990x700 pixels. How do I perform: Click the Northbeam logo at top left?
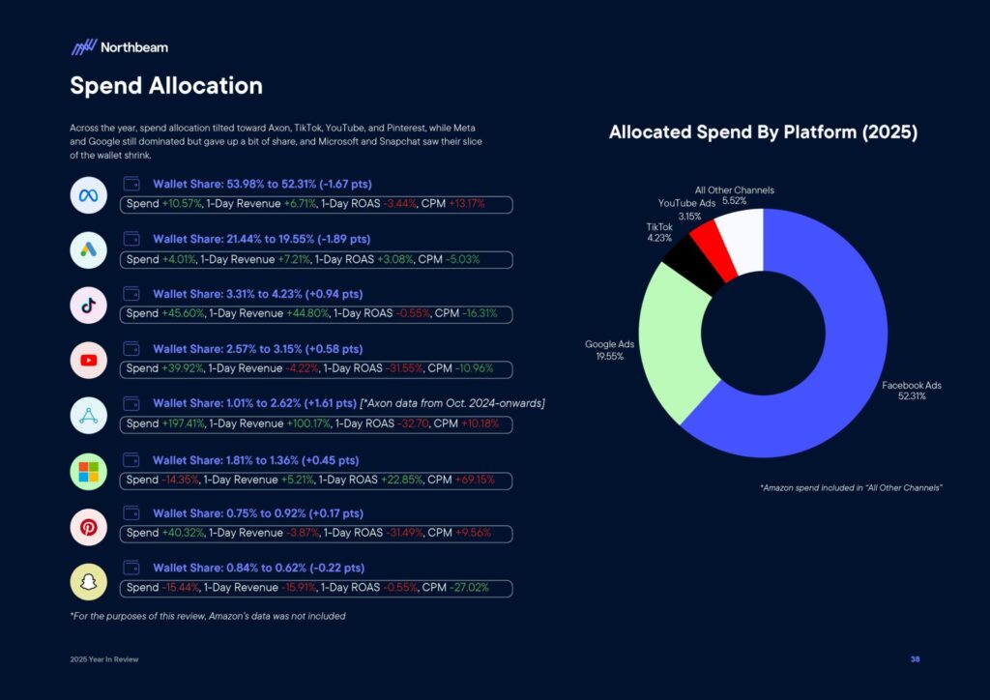119,46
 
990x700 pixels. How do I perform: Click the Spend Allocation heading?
165,85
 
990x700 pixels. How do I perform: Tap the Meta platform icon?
89,195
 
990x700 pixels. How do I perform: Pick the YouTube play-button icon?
89,361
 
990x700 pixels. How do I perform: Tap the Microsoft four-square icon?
89,473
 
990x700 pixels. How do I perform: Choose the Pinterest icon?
89,528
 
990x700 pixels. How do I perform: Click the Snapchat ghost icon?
89,582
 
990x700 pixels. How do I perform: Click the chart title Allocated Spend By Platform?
763,132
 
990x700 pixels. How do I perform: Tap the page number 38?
915,659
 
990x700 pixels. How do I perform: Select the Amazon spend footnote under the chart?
851,488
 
